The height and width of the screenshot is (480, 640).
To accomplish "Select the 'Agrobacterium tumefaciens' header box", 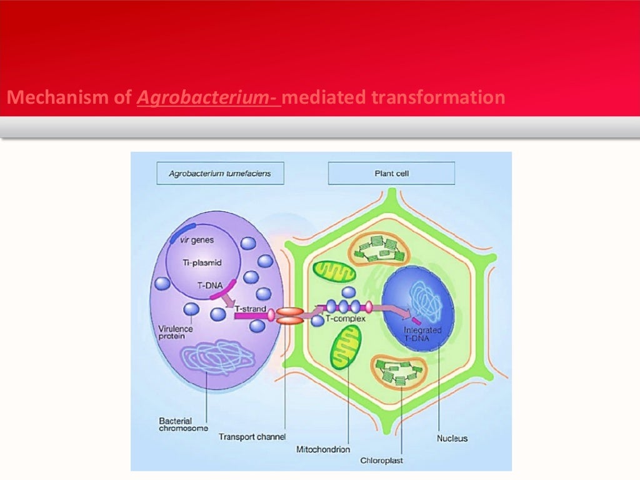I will (220, 173).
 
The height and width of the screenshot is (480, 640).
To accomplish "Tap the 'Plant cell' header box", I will (391, 173).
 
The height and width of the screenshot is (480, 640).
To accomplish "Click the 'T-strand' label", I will (253, 309).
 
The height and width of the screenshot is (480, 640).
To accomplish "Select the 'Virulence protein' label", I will (176, 333).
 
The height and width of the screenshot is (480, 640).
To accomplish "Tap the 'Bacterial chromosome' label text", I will (184, 424).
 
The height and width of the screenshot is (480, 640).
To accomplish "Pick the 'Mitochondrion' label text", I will (323, 449).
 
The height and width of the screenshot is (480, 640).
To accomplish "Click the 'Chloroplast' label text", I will (381, 461).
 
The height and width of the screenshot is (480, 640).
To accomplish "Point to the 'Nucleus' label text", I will (452, 438).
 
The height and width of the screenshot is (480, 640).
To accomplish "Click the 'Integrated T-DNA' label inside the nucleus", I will (423, 334).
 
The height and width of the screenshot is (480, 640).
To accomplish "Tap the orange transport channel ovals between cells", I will (290, 316).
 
